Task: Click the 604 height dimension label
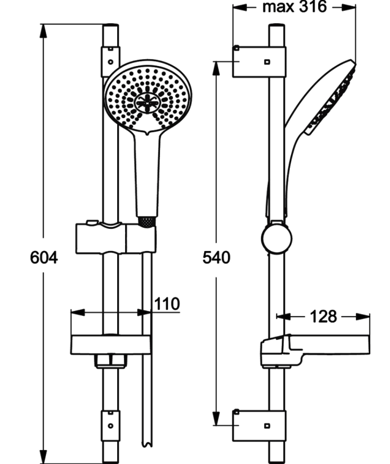click(44, 258)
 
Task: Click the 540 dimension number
click(216, 258)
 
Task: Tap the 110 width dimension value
click(167, 304)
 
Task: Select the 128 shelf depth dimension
click(324, 316)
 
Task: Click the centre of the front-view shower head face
click(148, 102)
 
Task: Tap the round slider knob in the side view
click(276, 239)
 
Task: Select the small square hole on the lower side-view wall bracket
click(267, 424)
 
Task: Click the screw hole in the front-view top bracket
click(110, 62)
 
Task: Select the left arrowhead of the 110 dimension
click(76, 312)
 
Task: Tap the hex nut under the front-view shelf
click(111, 360)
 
